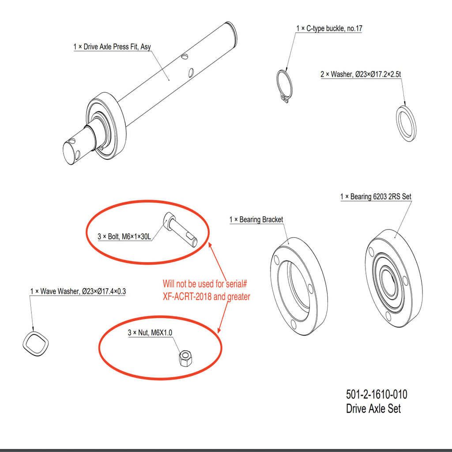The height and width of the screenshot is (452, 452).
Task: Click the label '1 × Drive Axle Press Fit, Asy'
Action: pyautogui.click(x=112, y=47)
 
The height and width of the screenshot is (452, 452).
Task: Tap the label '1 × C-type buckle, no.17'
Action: pyautogui.click(x=329, y=28)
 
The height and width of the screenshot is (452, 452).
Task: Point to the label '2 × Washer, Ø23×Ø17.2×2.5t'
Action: pyautogui.click(x=361, y=74)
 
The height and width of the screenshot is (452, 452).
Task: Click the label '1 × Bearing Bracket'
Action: pyautogui.click(x=256, y=220)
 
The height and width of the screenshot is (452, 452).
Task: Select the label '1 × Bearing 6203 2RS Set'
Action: pyautogui.click(x=376, y=196)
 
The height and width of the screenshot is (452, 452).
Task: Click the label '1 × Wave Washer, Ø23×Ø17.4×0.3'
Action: pyautogui.click(x=78, y=291)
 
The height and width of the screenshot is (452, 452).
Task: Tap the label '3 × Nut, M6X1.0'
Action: pyautogui.click(x=150, y=333)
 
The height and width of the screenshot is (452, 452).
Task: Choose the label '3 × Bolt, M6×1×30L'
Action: pyautogui.click(x=124, y=237)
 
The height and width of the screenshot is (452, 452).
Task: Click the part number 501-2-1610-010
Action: pyautogui.click(x=377, y=394)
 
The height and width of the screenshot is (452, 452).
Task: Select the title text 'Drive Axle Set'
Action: pyautogui.click(x=373, y=408)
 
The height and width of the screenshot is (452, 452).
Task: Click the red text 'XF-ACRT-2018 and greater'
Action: pyautogui.click(x=207, y=297)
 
